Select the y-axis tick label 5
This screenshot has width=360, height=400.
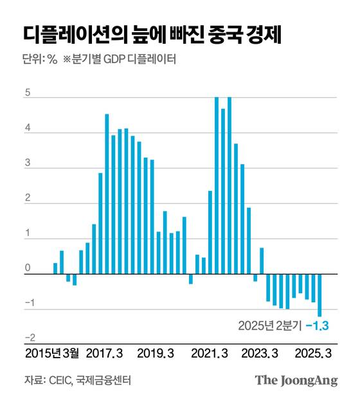tap(28, 92)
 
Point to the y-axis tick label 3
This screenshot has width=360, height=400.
tap(28, 163)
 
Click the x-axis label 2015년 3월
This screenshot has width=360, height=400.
tap(53, 353)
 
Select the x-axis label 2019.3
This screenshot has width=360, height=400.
tap(156, 353)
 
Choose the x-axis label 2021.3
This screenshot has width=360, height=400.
tap(210, 353)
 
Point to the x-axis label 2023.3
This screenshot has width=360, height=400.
tap(260, 353)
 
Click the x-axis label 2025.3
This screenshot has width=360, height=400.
tap(313, 353)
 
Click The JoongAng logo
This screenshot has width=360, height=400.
tap(296, 380)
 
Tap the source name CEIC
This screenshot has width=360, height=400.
tap(61, 380)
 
